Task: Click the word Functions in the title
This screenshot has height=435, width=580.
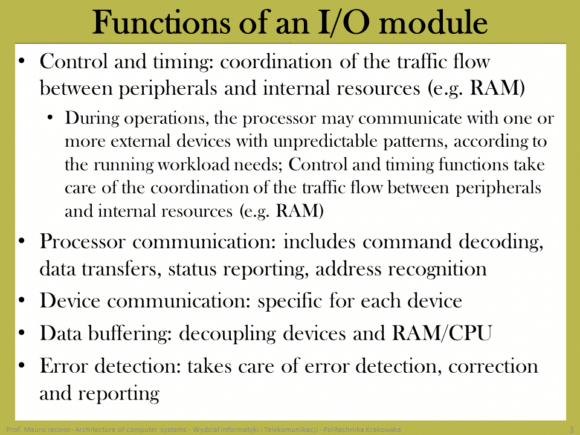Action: pyautogui.click(x=161, y=22)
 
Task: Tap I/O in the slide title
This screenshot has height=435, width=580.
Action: pyautogui.click(x=343, y=23)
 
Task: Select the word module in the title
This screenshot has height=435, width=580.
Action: pyautogui.click(x=433, y=22)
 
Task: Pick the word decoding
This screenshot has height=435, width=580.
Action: pyautogui.click(x=501, y=242)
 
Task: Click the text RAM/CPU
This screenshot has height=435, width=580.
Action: pyautogui.click(x=442, y=333)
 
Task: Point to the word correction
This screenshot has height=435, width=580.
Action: pyautogui.click(x=493, y=366)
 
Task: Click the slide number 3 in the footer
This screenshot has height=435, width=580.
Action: pyautogui.click(x=572, y=430)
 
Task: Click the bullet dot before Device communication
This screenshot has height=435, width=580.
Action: pyautogui.click(x=22, y=300)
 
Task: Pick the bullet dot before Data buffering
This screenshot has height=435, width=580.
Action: pyautogui.click(x=22, y=332)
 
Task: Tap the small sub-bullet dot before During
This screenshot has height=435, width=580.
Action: pyautogui.click(x=50, y=118)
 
